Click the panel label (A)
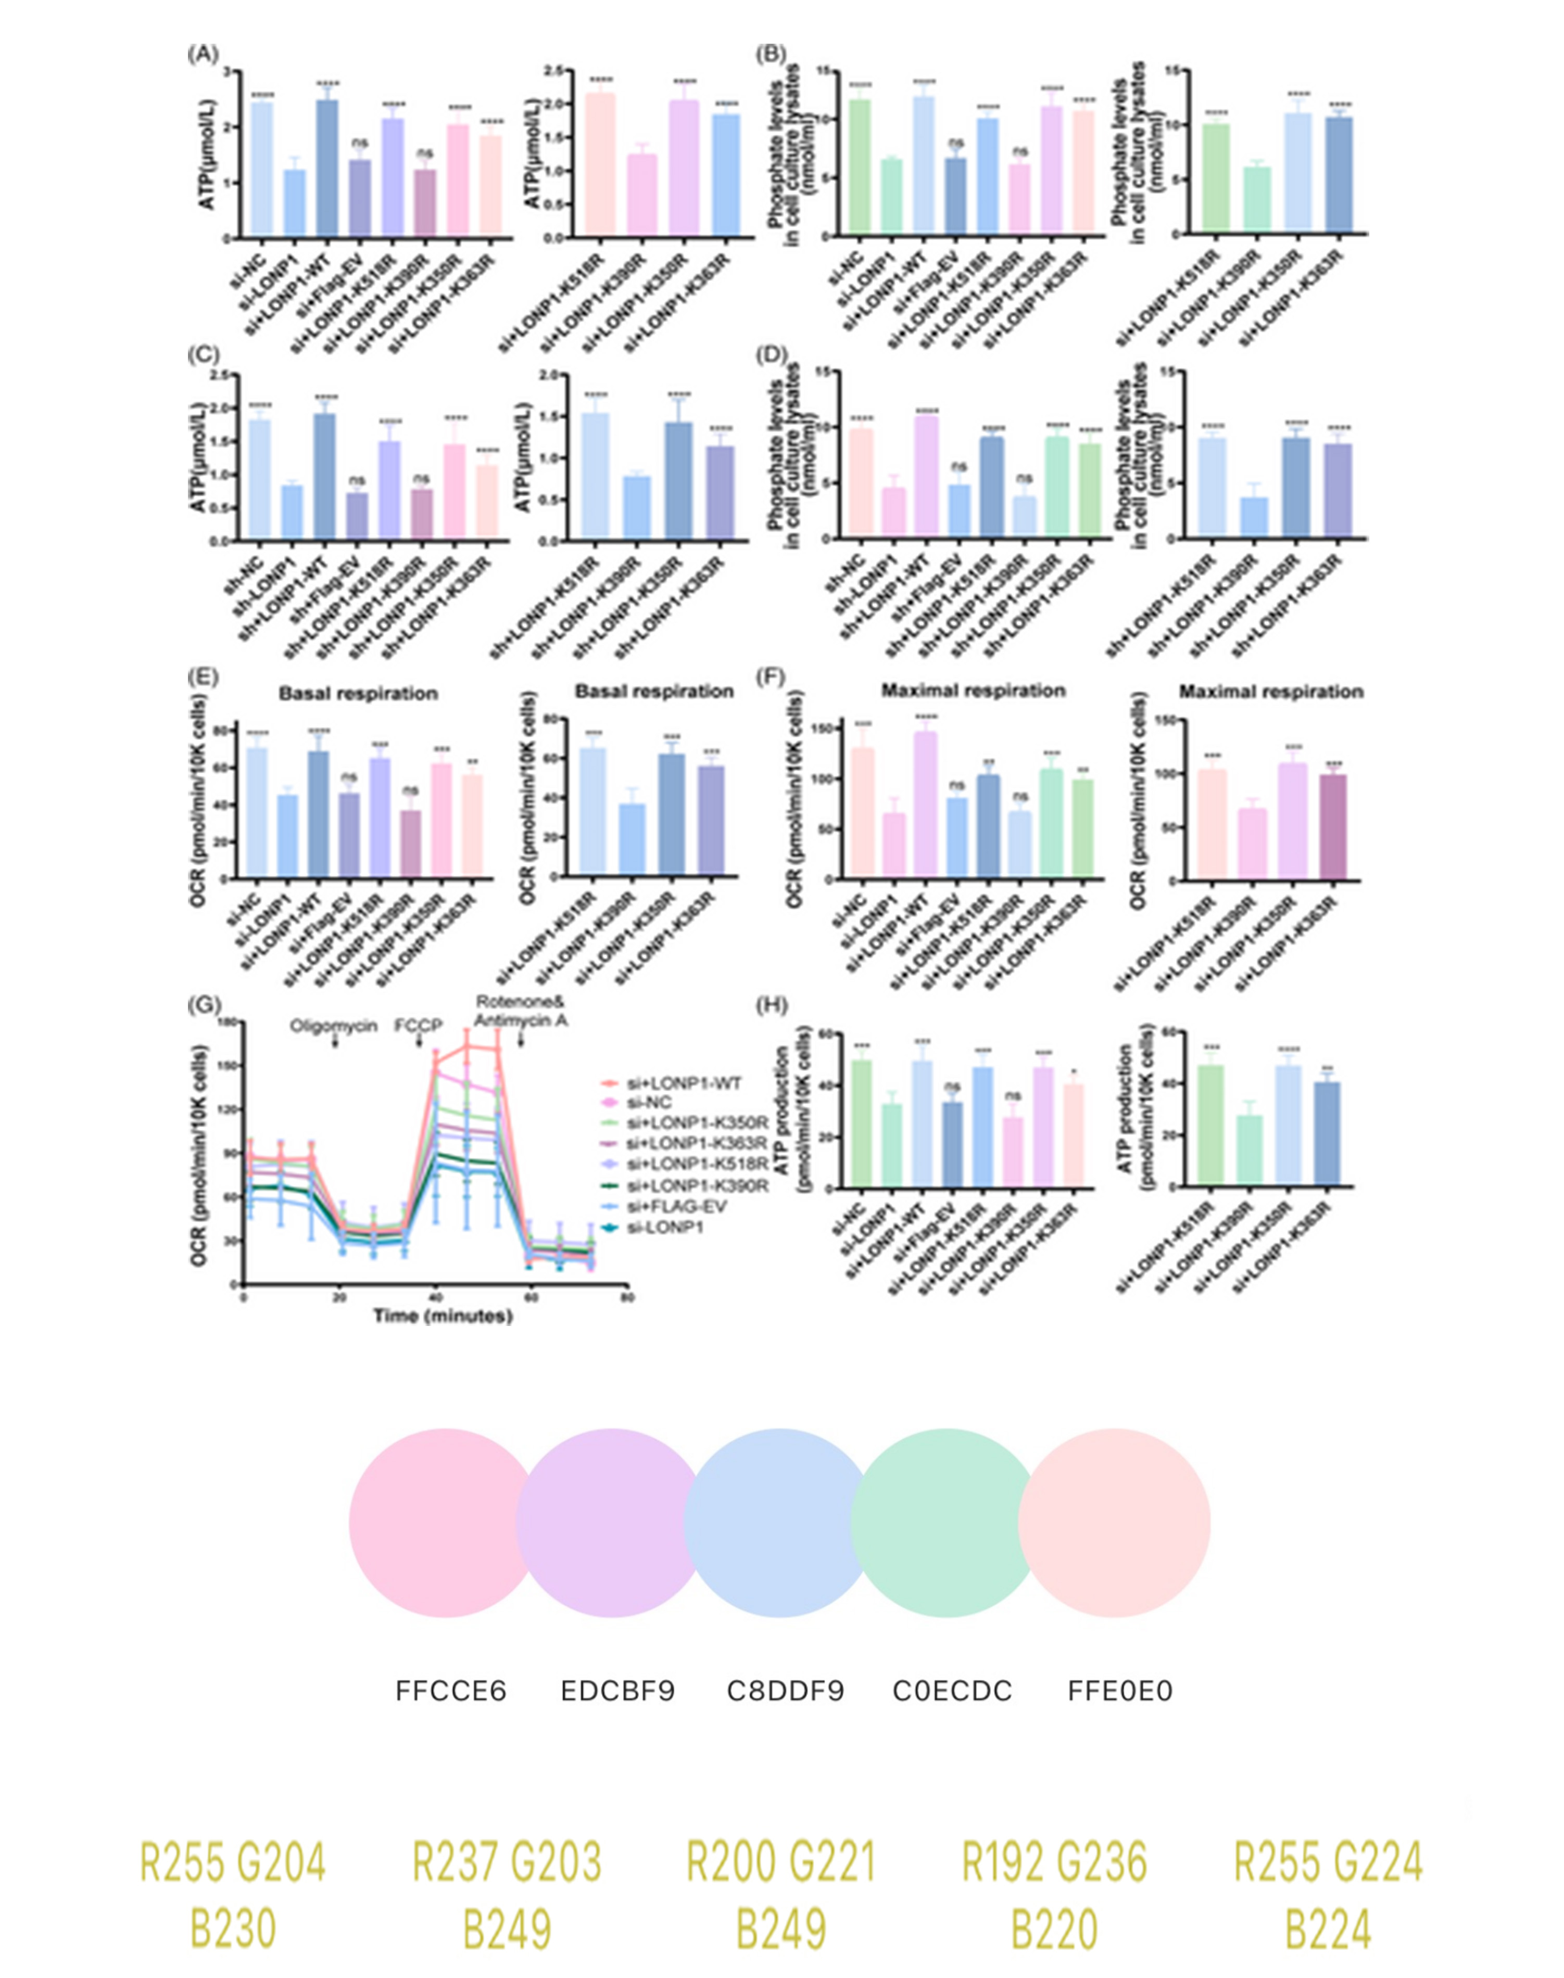[x=203, y=55]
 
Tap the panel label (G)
[x=203, y=1005]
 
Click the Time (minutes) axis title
[x=442, y=1316]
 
